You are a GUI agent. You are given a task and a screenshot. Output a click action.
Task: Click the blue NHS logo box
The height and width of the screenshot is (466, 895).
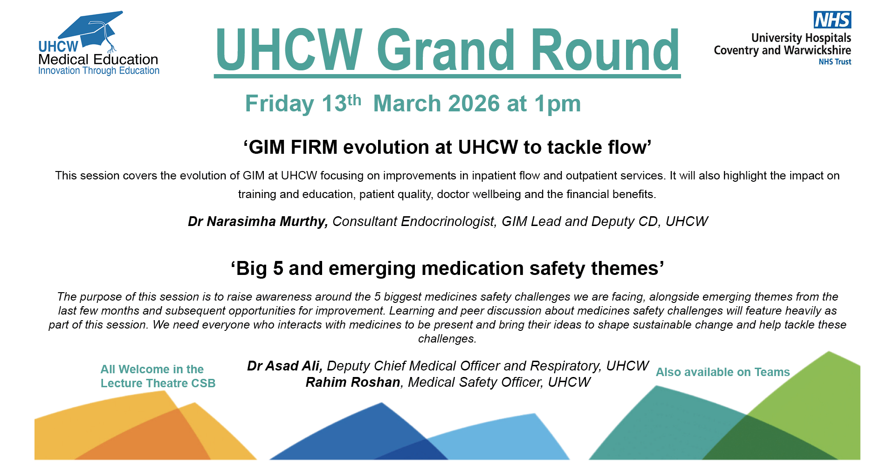(x=833, y=20)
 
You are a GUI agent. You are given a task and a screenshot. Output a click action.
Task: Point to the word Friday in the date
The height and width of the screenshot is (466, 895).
(x=280, y=104)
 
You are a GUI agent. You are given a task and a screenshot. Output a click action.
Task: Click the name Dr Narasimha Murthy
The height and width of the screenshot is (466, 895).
(x=258, y=221)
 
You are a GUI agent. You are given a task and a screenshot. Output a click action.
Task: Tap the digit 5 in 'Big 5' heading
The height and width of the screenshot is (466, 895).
(x=278, y=269)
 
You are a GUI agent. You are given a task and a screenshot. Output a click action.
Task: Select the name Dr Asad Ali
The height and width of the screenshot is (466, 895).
(x=284, y=366)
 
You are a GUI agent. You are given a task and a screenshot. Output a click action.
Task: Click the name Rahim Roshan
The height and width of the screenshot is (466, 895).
(x=353, y=382)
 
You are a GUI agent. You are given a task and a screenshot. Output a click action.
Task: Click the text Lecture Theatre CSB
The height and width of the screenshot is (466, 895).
(x=158, y=384)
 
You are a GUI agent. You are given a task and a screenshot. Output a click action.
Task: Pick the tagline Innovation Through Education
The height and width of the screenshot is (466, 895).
(x=99, y=71)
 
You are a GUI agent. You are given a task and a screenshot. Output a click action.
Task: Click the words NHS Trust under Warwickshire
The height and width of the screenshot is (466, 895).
(x=835, y=62)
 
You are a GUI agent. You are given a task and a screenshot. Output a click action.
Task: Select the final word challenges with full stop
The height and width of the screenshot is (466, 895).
(x=447, y=339)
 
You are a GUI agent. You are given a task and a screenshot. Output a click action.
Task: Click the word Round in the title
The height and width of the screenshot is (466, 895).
(x=605, y=50)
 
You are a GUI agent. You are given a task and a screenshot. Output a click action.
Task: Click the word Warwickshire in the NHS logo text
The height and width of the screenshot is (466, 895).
(x=818, y=50)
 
